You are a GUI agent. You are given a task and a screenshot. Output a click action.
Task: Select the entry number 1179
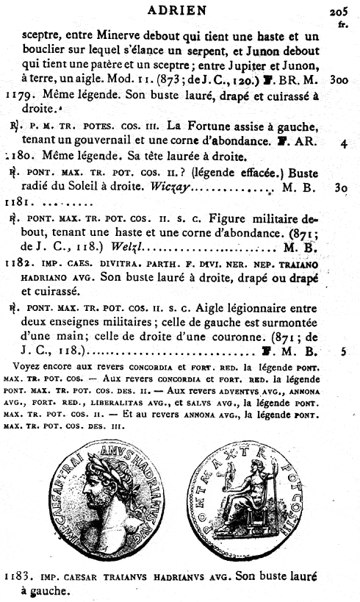18,95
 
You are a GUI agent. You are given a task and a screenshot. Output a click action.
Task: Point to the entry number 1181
16,201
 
